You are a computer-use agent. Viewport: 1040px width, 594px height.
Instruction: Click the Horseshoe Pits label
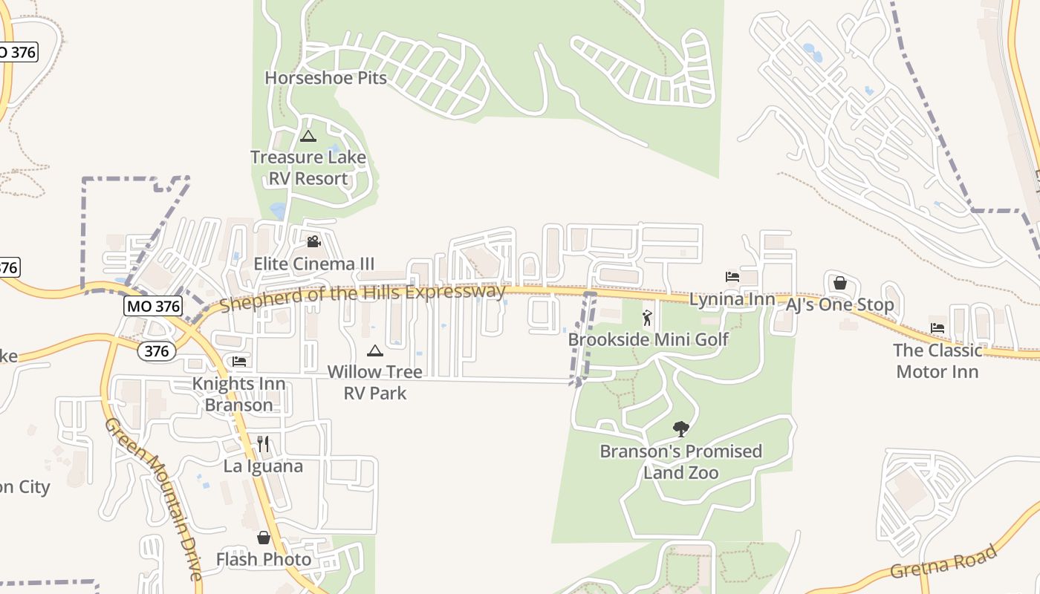[325, 77]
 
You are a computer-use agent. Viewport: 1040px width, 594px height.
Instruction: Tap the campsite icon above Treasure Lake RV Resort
[308, 136]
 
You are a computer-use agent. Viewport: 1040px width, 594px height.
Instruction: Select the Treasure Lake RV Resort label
[308, 168]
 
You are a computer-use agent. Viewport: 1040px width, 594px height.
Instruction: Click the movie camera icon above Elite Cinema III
[313, 241]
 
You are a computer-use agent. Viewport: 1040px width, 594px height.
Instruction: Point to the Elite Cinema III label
[313, 264]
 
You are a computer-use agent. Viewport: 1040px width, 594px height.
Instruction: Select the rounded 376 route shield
[157, 350]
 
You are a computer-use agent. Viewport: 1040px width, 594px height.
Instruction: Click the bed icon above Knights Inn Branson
[239, 362]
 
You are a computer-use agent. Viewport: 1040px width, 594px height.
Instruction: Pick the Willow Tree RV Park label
[374, 382]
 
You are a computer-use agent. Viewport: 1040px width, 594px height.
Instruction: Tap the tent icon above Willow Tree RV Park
[374, 350]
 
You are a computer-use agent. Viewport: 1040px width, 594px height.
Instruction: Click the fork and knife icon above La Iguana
[263, 444]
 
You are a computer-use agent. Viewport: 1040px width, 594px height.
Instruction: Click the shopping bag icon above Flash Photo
[263, 538]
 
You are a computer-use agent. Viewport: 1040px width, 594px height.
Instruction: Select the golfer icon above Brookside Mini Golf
[647, 319]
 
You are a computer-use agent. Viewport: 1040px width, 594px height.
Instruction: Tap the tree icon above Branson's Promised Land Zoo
[680, 428]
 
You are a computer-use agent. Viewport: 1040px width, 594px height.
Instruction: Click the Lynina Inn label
[732, 299]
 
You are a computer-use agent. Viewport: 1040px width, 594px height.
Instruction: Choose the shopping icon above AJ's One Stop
[839, 283]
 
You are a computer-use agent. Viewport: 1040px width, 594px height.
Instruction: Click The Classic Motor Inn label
[937, 361]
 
